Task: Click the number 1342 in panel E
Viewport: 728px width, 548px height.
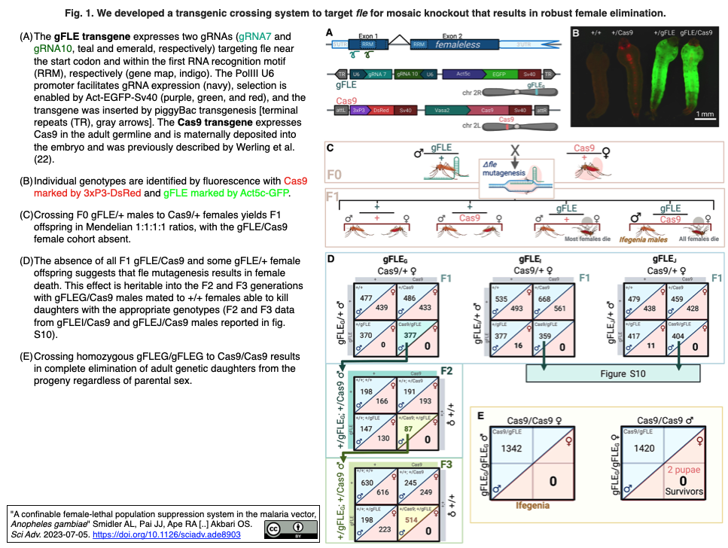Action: (x=511, y=449)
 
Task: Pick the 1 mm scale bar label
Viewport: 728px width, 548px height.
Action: (x=705, y=114)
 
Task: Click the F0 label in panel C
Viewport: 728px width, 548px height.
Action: (x=337, y=176)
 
